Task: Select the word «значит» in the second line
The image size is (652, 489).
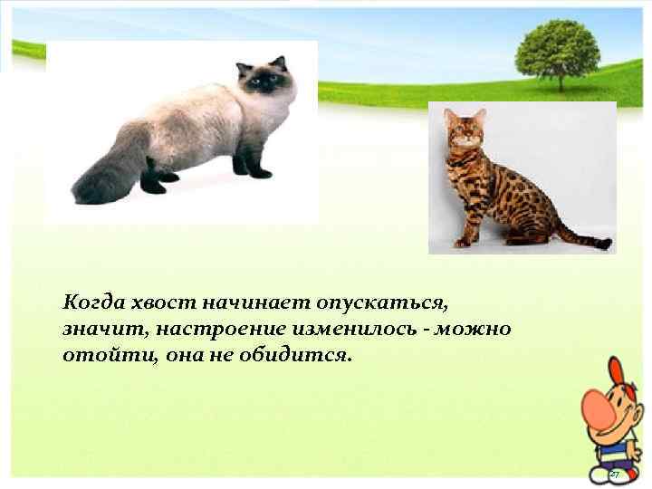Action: click(94, 328)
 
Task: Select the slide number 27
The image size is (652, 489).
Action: click(613, 475)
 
